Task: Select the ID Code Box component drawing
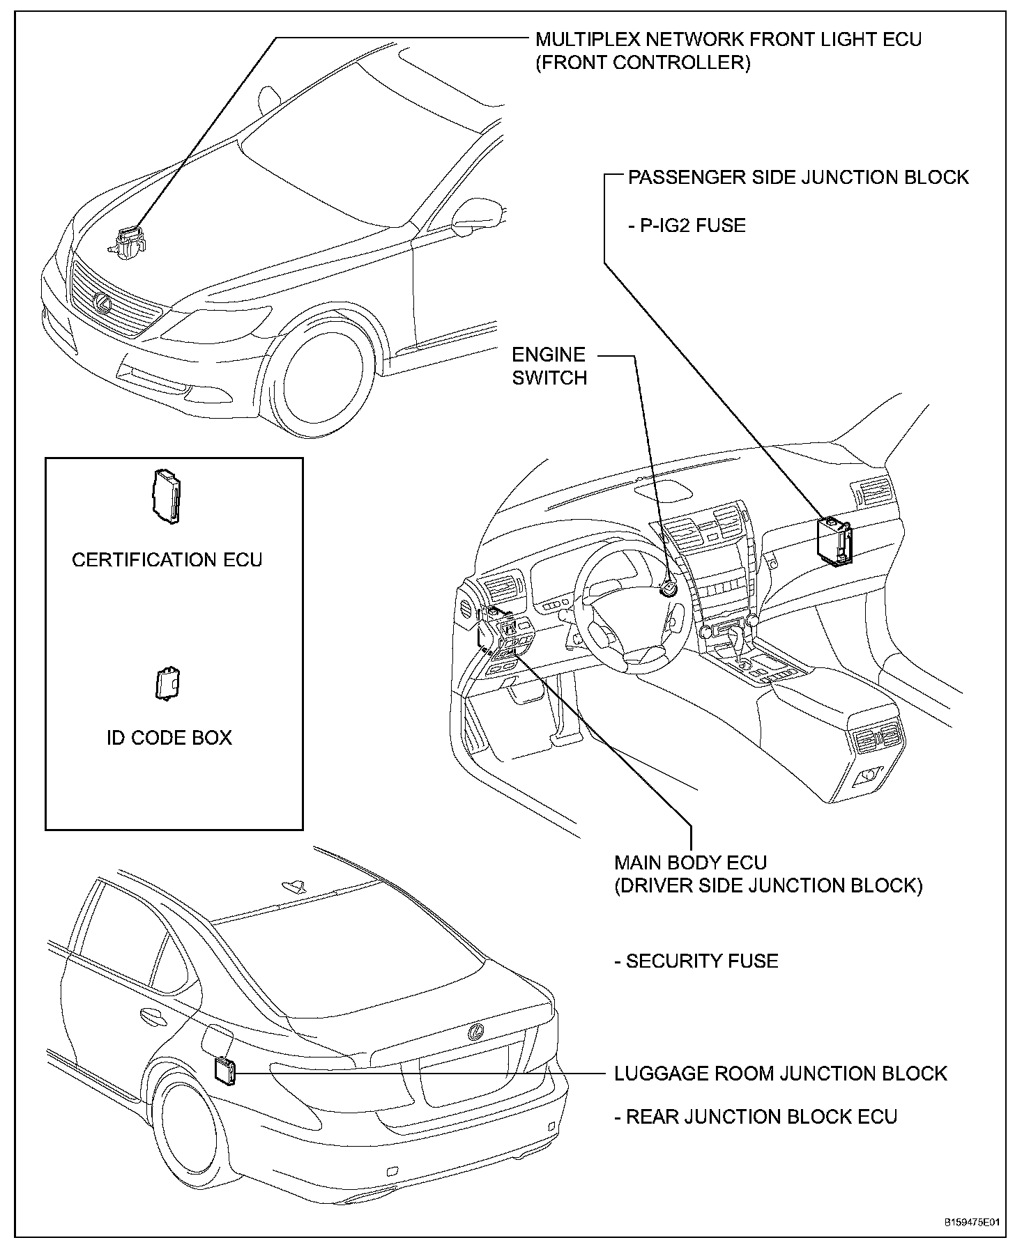pos(167,683)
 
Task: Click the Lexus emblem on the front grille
pos(102,303)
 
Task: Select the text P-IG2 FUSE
pos(687,226)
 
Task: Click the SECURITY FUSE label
pos(696,961)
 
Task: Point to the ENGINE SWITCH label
pos(549,366)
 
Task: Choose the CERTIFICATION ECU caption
pos(167,560)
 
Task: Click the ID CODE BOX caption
pos(169,738)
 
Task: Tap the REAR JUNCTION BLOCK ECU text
pos(756,1117)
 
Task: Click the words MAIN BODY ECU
pos(690,862)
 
